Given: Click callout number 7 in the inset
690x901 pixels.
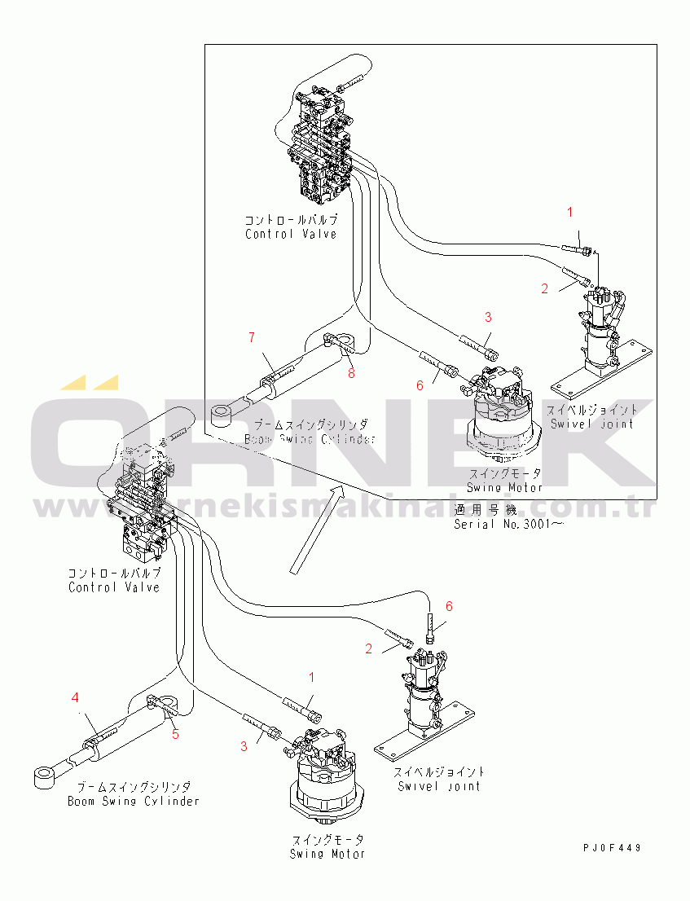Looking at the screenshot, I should pyautogui.click(x=252, y=336).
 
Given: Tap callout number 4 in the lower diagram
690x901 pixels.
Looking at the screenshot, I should pyautogui.click(x=75, y=697).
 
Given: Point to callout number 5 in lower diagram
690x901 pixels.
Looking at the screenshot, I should pyautogui.click(x=174, y=734).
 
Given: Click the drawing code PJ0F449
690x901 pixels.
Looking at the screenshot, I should pyautogui.click(x=612, y=848).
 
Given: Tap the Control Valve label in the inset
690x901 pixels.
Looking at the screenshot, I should pyautogui.click(x=291, y=234).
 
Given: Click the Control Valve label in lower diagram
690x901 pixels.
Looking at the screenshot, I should pyautogui.click(x=114, y=587).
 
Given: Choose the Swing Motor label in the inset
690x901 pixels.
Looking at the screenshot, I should pyautogui.click(x=504, y=487).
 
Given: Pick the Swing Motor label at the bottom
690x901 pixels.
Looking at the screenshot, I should pyautogui.click(x=327, y=853).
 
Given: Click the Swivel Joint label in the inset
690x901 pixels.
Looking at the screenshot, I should pyautogui.click(x=591, y=423).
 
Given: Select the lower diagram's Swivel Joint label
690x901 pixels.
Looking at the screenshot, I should pyautogui.click(x=439, y=785).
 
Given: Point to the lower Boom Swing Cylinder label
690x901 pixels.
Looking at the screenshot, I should pyautogui.click(x=134, y=800).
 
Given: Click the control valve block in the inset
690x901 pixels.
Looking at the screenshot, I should pyautogui.click(x=321, y=147).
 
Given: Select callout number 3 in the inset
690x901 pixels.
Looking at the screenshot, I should pyautogui.click(x=488, y=317).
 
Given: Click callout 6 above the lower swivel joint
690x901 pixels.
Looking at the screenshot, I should pyautogui.click(x=448, y=606).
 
